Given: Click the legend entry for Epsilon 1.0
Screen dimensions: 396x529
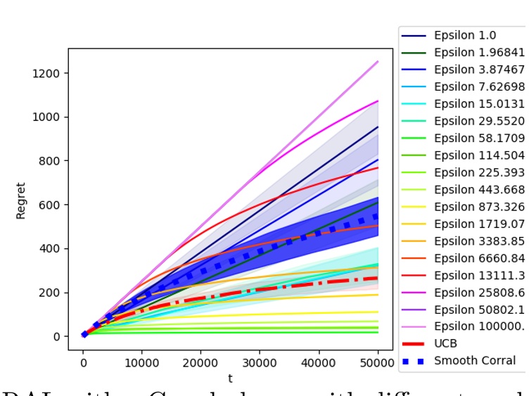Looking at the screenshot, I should [x=465, y=35].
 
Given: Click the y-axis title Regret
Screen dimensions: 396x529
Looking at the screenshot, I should [x=21, y=200].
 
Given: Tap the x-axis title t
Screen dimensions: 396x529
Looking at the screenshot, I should [x=230, y=378].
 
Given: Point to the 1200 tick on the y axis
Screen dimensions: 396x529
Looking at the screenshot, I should [x=46, y=73].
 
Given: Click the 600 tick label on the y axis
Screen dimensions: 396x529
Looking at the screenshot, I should [x=49, y=205].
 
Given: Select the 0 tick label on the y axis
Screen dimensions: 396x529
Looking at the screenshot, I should [x=56, y=336].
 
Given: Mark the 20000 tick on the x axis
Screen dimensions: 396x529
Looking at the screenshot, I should [x=200, y=362].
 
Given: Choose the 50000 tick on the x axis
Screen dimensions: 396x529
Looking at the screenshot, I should [x=378, y=362].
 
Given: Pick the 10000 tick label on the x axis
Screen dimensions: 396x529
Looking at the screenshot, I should [x=141, y=362].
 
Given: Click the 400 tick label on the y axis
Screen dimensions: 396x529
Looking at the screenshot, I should [x=49, y=249].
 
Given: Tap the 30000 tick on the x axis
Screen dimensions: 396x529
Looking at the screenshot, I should [x=260, y=362].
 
